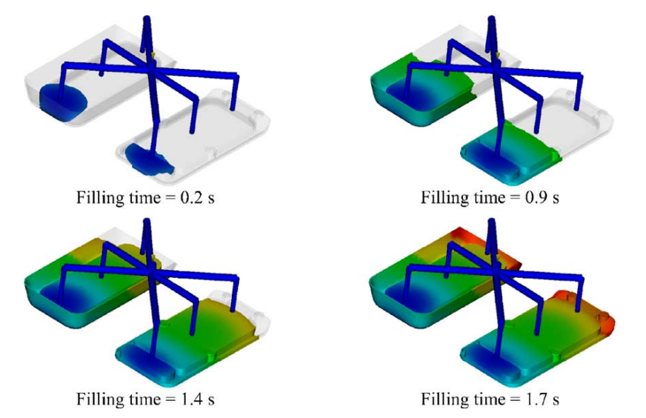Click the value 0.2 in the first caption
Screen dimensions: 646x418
(190, 198)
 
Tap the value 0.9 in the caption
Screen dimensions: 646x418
(535, 198)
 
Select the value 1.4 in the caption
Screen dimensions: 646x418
(190, 399)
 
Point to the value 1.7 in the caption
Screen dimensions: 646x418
(535, 399)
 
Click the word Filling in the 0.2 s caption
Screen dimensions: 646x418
(100, 199)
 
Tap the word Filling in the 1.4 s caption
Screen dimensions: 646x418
(100, 399)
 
